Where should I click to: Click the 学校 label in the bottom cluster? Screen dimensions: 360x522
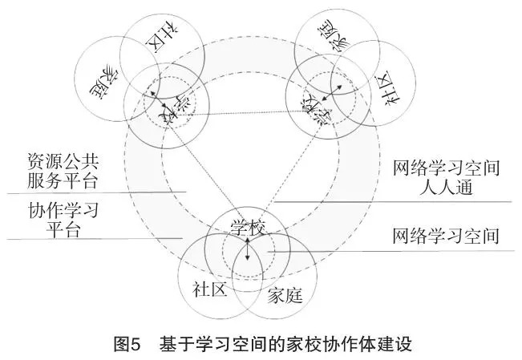(x=247, y=227)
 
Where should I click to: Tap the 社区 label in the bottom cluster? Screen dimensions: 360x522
(x=210, y=289)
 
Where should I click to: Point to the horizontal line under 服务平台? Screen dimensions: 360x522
(x=96, y=192)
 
